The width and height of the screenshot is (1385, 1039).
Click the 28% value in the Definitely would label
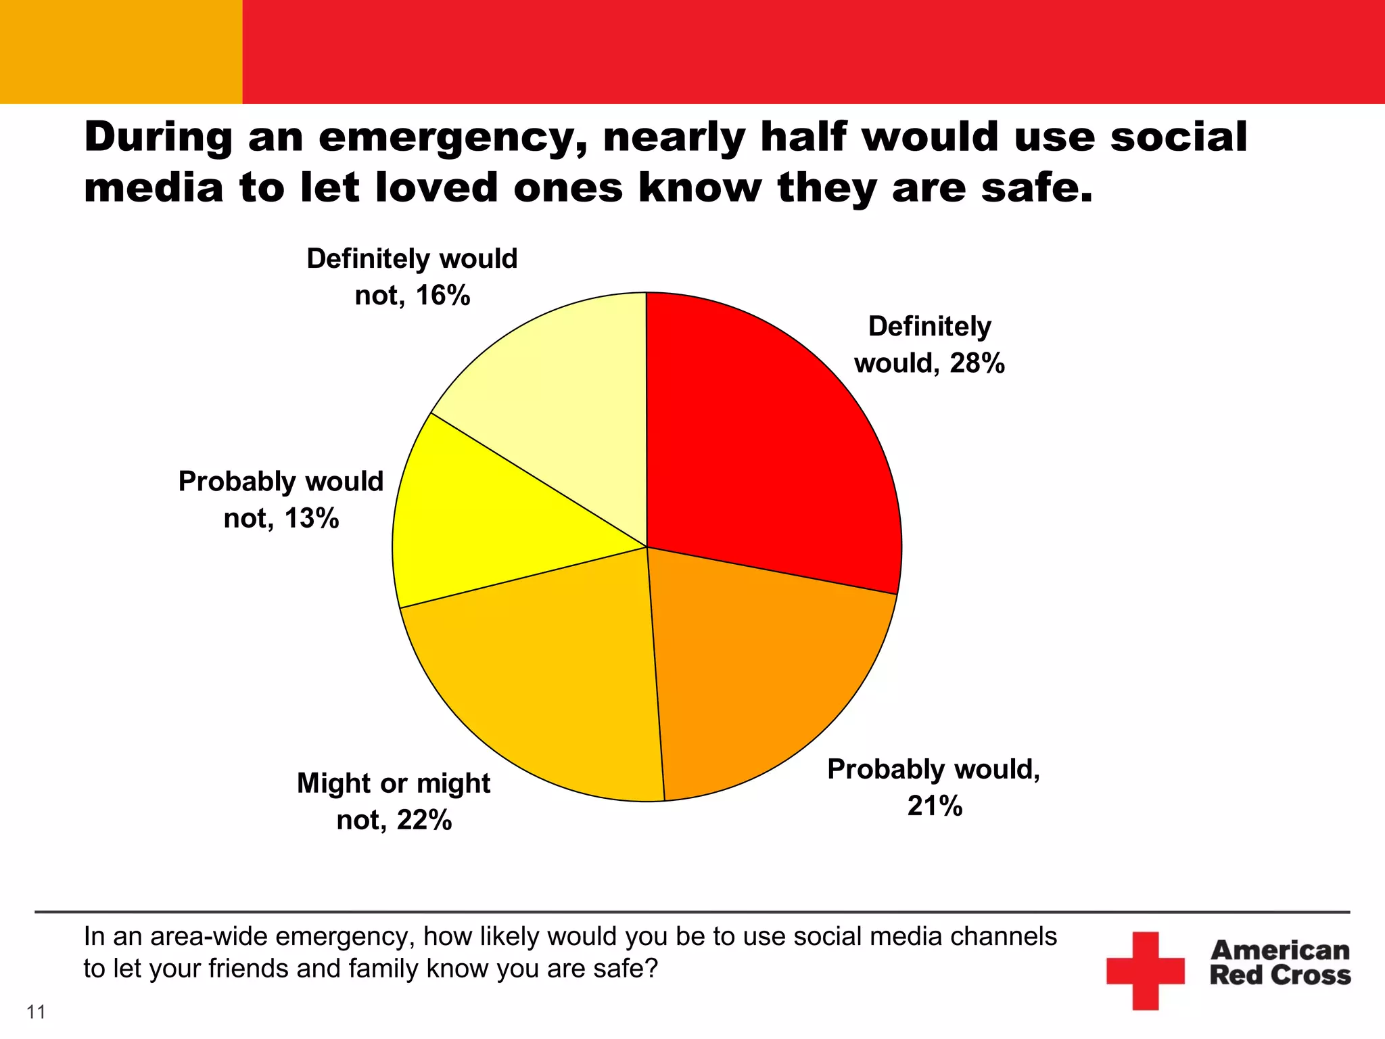pyautogui.click(x=977, y=363)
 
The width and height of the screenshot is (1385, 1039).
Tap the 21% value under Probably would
pyautogui.click(x=935, y=806)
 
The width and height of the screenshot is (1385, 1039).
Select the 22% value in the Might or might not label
pyautogui.click(x=424, y=820)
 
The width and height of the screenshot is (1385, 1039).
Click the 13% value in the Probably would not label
pyautogui.click(x=311, y=518)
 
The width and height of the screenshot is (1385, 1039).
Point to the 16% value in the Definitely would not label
pyautogui.click(x=442, y=296)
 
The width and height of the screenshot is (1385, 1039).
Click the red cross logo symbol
pyautogui.click(x=1145, y=971)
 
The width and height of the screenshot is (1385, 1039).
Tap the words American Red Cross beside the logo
pyautogui.click(x=1280, y=963)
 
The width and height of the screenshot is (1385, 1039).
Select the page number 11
pyautogui.click(x=36, y=1012)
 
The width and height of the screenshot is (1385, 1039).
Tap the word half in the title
pyautogui.click(x=803, y=137)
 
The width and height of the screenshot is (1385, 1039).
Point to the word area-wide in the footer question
pyautogui.click(x=210, y=937)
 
